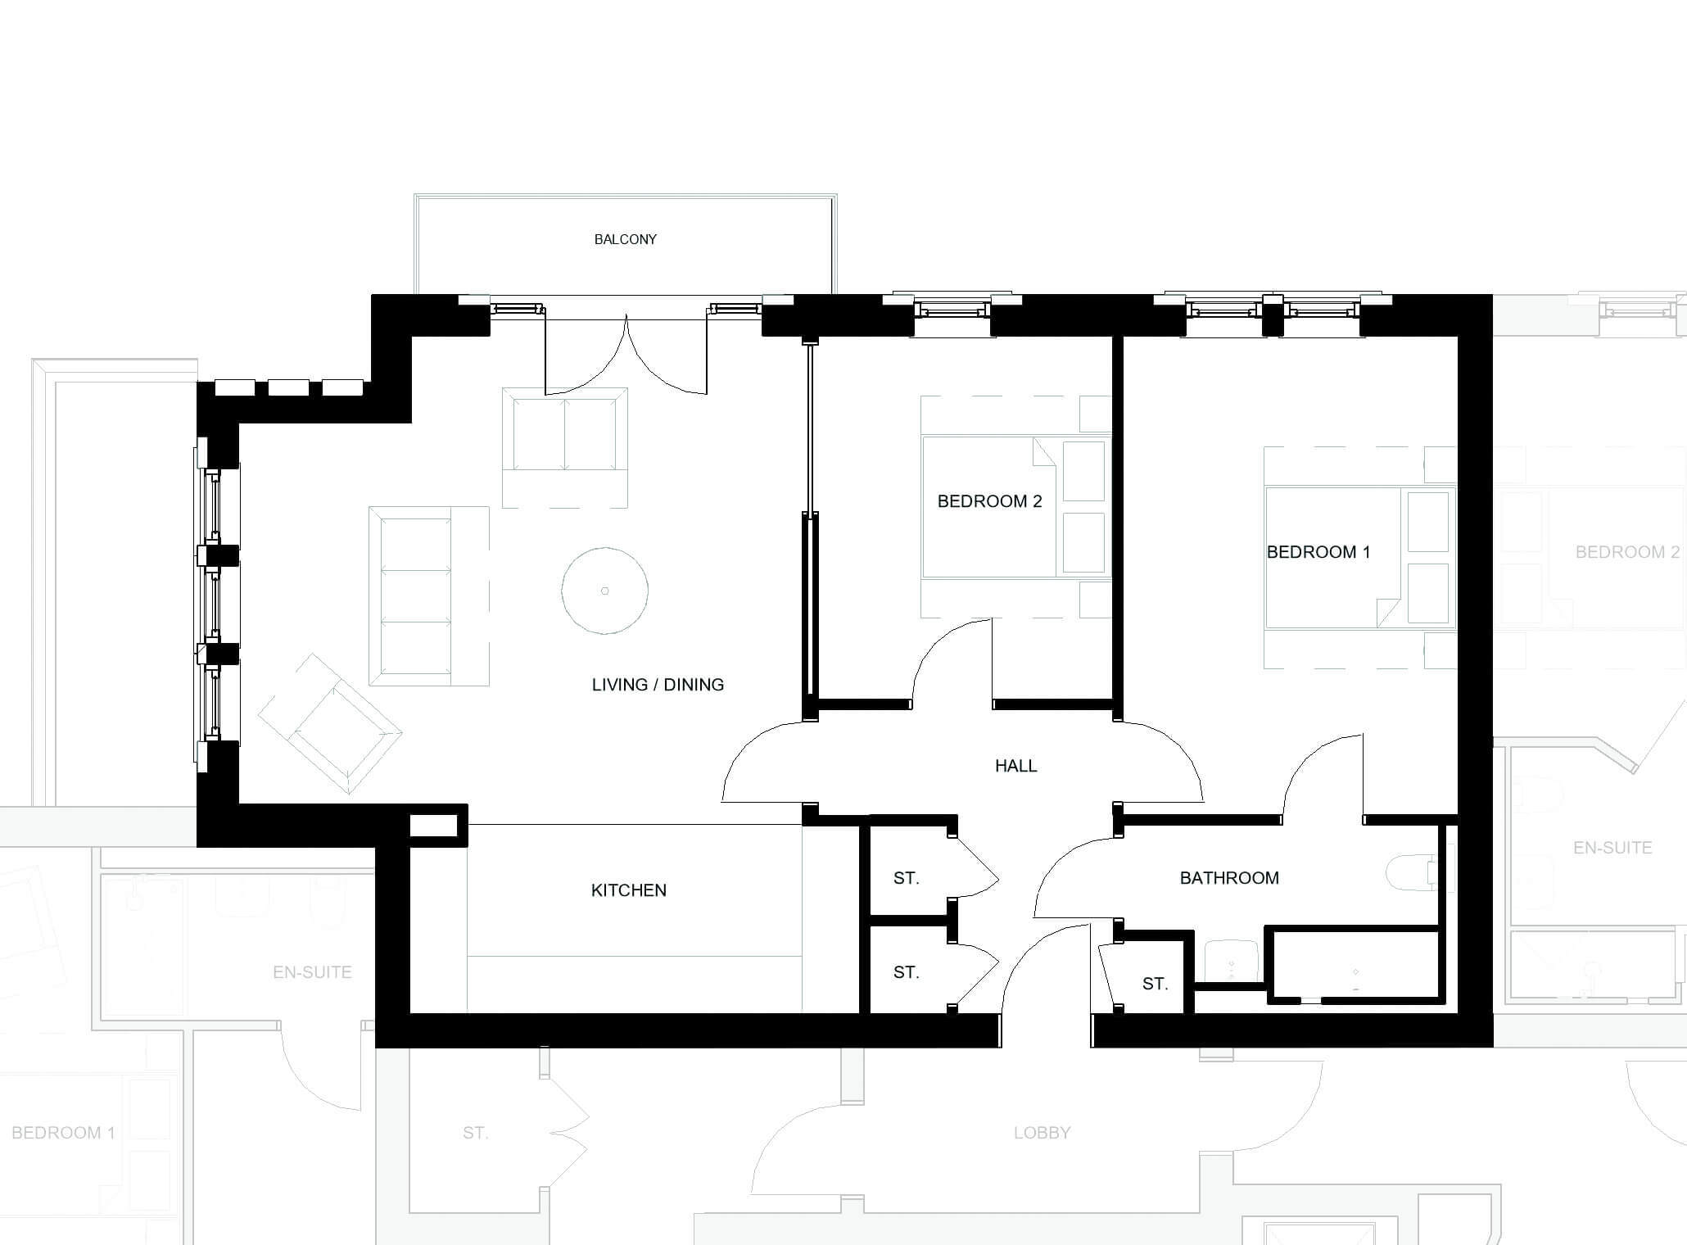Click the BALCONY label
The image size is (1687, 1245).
point(626,239)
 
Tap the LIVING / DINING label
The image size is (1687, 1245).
point(658,685)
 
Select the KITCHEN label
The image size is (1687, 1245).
point(629,890)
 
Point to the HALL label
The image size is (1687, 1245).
point(1016,766)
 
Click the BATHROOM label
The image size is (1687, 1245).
point(1229,878)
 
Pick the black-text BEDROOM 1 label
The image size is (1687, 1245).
point(1318,552)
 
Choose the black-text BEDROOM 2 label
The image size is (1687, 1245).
point(989,501)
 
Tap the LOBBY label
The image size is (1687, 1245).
point(1042,1133)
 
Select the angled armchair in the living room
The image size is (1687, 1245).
point(330,724)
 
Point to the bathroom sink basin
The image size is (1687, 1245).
point(1232,960)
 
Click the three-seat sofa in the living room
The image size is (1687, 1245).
point(429,595)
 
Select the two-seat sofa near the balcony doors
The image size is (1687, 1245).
point(565,447)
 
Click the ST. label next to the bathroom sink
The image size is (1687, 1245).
point(1155,984)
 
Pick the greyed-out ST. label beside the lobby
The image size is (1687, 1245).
point(475,1133)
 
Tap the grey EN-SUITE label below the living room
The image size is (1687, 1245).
point(312,972)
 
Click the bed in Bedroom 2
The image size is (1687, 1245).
point(1015,507)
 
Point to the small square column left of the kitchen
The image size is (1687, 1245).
point(433,826)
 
